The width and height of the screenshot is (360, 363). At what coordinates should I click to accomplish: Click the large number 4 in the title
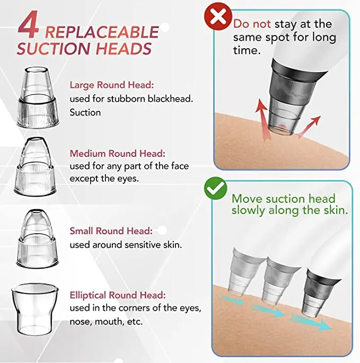click(28, 26)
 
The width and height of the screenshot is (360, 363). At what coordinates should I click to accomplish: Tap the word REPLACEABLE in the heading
click(101, 32)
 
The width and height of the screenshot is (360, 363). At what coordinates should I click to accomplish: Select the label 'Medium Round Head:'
click(118, 154)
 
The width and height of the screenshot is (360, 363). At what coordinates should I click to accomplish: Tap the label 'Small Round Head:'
click(111, 231)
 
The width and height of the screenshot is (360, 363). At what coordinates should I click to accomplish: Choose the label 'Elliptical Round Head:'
click(118, 295)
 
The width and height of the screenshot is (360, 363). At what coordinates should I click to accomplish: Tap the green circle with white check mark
click(216, 188)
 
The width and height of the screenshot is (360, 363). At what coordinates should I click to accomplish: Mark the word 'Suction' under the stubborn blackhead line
click(85, 112)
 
